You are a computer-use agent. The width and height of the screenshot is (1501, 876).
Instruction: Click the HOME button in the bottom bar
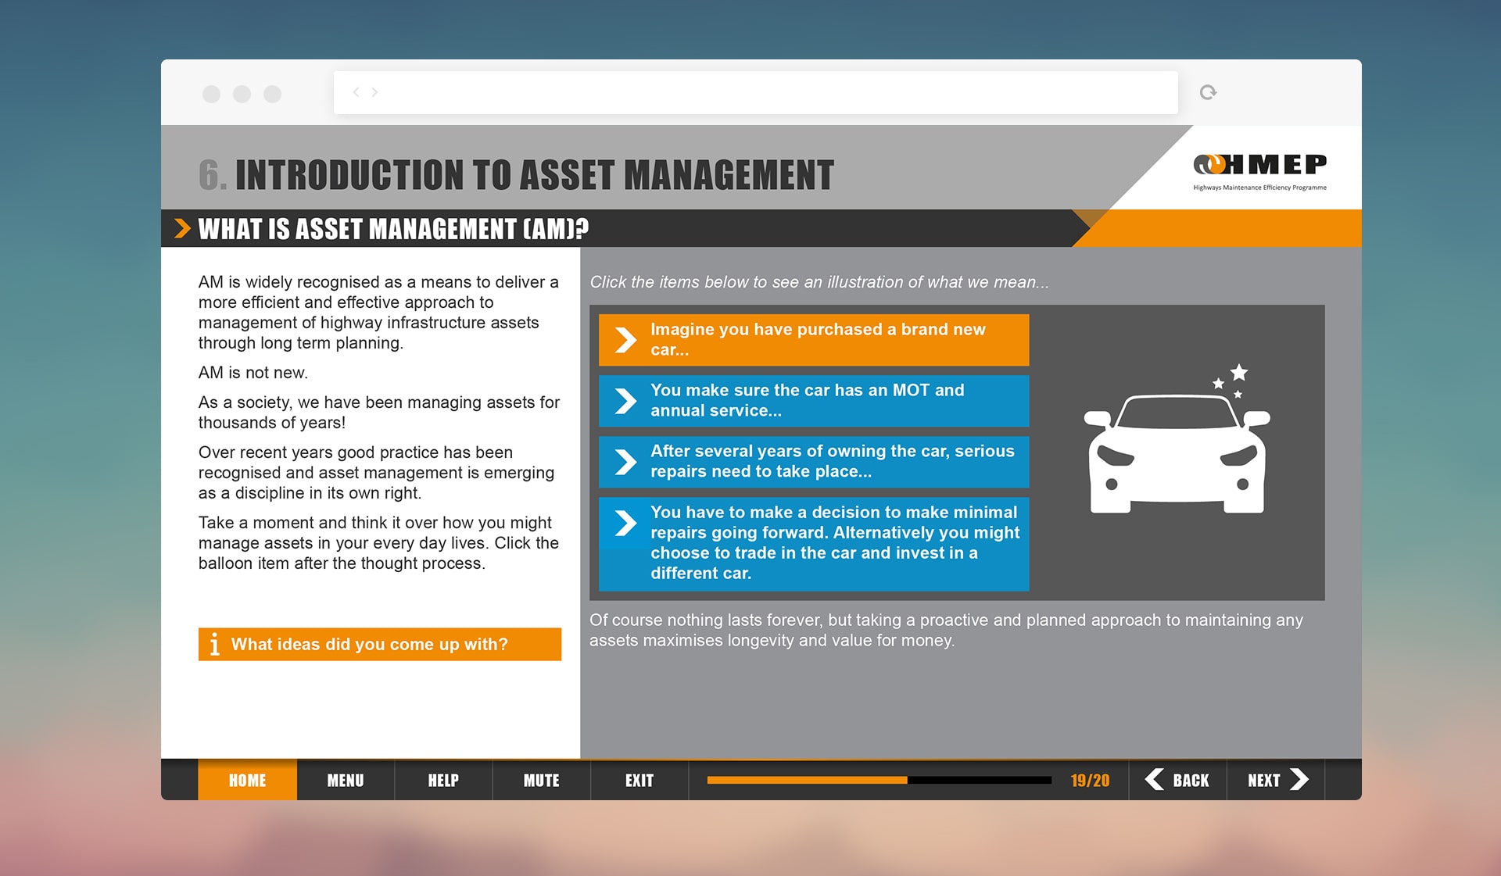pos(247,780)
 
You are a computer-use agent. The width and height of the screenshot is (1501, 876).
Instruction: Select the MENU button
pos(346,780)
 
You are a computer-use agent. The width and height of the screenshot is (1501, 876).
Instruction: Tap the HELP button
pos(443,780)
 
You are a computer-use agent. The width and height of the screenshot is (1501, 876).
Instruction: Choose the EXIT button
pos(639,780)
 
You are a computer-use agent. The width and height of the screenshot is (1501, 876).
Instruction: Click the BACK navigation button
pos(1177,780)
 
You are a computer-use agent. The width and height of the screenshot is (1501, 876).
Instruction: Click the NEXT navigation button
pos(1276,780)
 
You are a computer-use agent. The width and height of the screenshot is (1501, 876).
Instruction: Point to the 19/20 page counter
pos(1090,781)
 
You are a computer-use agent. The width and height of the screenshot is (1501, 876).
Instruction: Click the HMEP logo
pos(1259,171)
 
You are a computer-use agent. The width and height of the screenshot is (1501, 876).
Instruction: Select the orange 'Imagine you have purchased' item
pos(814,340)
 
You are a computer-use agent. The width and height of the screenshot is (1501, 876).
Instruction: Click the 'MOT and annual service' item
pos(814,401)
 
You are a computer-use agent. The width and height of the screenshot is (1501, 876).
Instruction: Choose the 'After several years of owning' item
pos(814,462)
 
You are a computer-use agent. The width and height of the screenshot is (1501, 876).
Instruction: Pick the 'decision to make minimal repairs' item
pos(814,544)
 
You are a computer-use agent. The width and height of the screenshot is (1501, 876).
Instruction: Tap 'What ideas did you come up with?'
pos(380,645)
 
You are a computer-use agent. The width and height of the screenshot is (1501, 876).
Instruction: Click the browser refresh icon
pos(1208,92)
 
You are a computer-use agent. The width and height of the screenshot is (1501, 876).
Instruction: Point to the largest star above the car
pos(1239,372)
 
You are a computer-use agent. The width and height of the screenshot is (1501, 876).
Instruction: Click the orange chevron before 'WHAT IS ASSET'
pos(182,228)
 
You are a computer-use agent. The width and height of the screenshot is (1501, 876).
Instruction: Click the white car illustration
pos(1177,453)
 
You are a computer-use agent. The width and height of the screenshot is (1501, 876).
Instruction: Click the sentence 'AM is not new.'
pos(253,373)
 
